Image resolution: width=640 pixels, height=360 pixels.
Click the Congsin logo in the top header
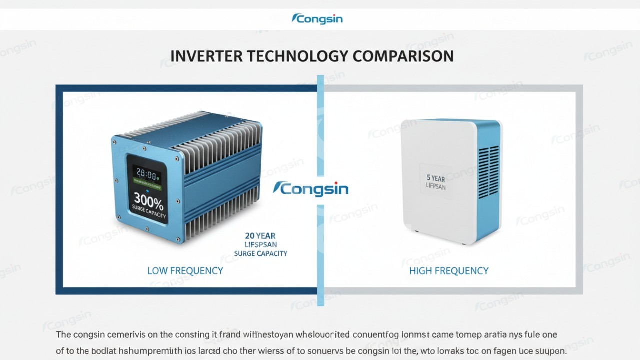tap(317, 19)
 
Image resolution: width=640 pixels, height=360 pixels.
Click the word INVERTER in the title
tap(202, 56)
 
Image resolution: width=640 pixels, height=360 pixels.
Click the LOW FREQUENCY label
tap(185, 271)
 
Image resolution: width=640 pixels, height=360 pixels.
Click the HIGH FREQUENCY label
tap(448, 271)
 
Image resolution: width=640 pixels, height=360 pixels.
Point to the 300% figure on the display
tap(148, 203)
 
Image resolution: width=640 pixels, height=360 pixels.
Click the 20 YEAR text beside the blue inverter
tap(260, 235)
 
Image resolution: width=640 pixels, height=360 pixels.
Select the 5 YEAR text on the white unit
tap(436, 178)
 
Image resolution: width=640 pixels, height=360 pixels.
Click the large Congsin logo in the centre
tap(311, 189)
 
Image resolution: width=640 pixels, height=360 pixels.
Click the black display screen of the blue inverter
tap(147, 189)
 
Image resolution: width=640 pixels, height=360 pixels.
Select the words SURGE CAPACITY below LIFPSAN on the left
tap(261, 253)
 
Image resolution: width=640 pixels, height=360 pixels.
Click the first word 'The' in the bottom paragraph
tap(63, 334)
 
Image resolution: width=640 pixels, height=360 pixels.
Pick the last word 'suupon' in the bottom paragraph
tap(550, 351)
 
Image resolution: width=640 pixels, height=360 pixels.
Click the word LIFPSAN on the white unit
tap(436, 186)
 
